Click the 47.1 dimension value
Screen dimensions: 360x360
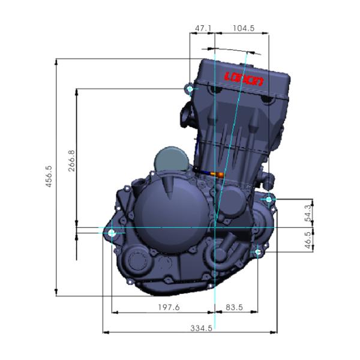click(203, 28)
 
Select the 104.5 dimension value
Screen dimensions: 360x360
click(244, 28)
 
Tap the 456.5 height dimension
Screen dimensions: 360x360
click(49, 176)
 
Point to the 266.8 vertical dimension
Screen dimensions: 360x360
click(71, 161)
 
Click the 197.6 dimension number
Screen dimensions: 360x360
click(169, 307)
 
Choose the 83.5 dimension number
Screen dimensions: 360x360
click(234, 307)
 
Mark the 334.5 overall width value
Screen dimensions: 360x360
click(201, 328)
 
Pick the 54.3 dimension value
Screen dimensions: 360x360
click(308, 213)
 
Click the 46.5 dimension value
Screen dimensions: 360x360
click(308, 240)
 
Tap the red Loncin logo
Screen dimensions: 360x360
click(244, 79)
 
